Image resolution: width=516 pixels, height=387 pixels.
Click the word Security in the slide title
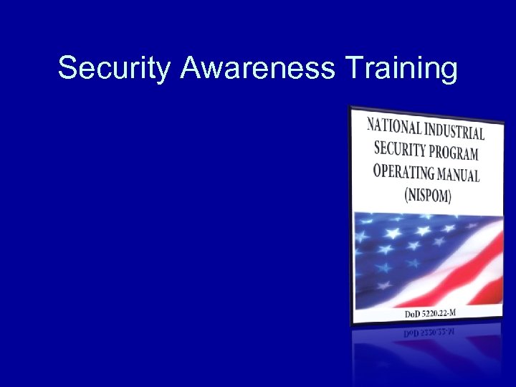[115, 69]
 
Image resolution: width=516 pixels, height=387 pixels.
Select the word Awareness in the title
[258, 69]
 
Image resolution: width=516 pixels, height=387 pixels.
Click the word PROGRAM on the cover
[454, 153]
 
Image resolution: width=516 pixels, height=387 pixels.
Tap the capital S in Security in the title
[67, 69]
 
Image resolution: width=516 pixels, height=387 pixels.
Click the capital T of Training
[353, 69]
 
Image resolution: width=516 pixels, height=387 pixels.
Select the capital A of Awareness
[190, 69]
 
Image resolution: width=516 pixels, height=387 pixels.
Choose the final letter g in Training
[449, 72]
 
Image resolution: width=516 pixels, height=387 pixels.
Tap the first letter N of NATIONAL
[372, 125]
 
